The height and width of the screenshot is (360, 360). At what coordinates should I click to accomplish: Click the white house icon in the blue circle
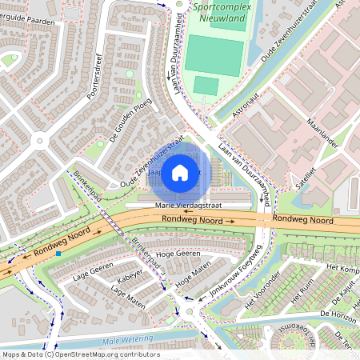(180, 172)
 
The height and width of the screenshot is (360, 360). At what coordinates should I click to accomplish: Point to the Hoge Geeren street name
(177, 253)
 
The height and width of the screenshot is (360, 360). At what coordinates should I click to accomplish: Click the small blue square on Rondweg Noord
(58, 254)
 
